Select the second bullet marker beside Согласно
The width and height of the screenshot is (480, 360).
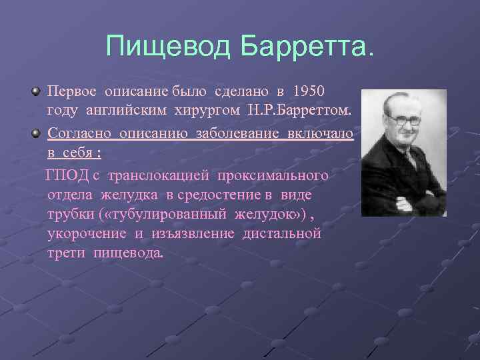pyautogui.click(x=35, y=133)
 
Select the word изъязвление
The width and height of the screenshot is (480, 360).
pyautogui.click(x=196, y=234)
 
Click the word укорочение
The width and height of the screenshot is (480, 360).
pyautogui.click(x=87, y=234)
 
